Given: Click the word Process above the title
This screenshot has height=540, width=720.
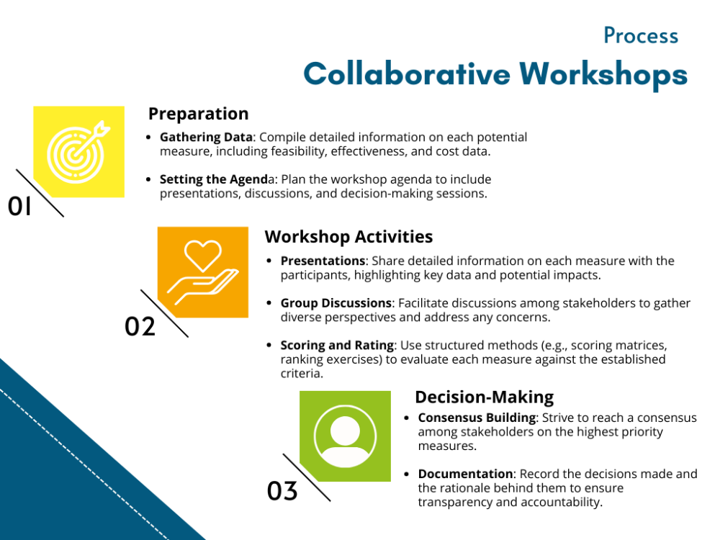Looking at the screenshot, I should point(641,35).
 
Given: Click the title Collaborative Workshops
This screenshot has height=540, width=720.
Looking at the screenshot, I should point(495,73).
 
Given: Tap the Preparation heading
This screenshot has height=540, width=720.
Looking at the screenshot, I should point(198,114).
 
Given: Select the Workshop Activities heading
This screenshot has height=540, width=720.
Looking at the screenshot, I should point(348,237).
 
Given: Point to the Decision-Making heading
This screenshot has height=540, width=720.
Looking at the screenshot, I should point(484,397).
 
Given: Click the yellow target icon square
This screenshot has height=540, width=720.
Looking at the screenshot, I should point(78,151).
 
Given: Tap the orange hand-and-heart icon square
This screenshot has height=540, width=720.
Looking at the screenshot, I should point(202,272).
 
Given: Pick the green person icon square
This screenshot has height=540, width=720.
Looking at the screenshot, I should point(345,436).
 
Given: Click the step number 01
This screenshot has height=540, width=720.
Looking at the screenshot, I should point(20,207).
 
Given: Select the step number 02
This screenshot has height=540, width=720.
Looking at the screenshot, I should point(140,326).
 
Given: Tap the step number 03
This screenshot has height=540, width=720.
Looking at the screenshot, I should point(282,491).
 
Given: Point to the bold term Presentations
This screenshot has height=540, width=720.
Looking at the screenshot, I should point(323,261).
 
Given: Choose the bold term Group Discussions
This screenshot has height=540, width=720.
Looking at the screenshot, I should point(336,303).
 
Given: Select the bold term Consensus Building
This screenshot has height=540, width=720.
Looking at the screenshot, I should point(477,418).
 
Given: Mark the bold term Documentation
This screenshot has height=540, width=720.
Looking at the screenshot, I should point(465,474).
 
